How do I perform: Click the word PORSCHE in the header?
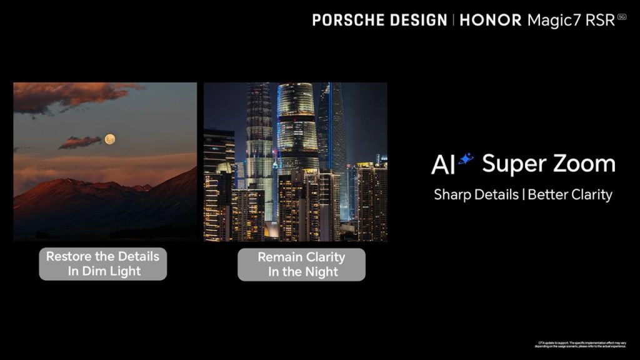[x=346, y=19]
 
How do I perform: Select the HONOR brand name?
[x=491, y=19]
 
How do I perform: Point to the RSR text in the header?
[x=599, y=19]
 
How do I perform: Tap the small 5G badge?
[x=621, y=17]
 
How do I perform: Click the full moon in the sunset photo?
[x=110, y=139]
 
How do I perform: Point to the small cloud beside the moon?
[x=80, y=142]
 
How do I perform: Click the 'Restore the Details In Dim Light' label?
[x=102, y=264]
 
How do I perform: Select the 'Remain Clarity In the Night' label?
[x=301, y=264]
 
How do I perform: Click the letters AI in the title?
[x=443, y=165]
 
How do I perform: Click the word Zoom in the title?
[x=585, y=164]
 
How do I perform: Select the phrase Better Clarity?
[x=570, y=194]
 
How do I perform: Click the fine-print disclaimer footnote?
[x=579, y=344]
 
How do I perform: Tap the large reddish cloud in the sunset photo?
[x=69, y=96]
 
